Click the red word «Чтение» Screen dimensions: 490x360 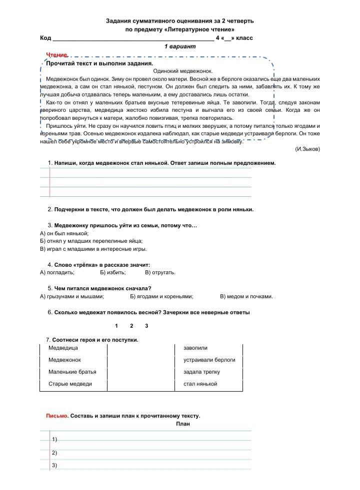[56, 54]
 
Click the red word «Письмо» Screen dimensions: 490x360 [56, 416]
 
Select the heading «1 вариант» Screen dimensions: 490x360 [180, 46]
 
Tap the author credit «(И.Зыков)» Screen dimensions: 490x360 [307, 149]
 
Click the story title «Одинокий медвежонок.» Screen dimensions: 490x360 [180, 71]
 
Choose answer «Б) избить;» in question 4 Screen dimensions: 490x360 [112, 272]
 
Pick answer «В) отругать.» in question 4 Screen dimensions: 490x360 [160, 272]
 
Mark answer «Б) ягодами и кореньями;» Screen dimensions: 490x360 [161, 296]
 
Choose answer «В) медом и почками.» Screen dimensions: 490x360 [246, 296]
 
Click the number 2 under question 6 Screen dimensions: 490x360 [131, 326]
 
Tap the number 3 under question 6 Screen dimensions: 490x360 [146, 326]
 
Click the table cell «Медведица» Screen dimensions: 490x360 [63, 348]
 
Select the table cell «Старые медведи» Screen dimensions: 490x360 [70, 384]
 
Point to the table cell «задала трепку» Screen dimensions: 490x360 [201, 372]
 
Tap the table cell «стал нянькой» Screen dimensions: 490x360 [200, 384]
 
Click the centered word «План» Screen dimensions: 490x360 [183, 424]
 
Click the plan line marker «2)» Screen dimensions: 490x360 [54, 453]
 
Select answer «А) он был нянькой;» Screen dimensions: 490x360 [64, 233]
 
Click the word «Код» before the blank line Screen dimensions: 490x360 [45, 38]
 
